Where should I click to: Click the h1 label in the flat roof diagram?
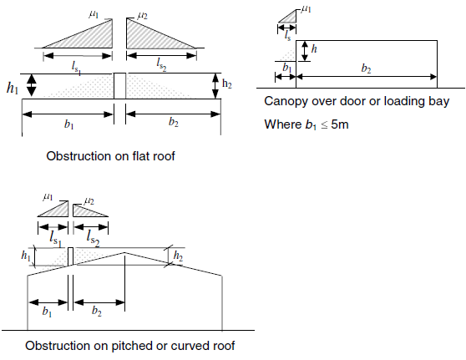point(13,88)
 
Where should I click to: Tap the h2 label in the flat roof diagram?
point(227,84)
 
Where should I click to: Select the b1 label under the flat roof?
point(69,124)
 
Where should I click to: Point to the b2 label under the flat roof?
point(174,122)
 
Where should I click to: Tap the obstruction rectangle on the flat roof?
point(119,86)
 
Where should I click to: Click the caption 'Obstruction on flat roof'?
point(110,156)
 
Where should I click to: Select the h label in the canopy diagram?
point(314,48)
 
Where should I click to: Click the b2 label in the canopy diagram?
point(366,68)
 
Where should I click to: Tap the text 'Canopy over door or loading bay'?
point(357,101)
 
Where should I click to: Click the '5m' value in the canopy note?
point(340,124)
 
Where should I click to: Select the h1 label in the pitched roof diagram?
point(26,256)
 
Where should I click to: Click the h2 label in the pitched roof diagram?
point(178,256)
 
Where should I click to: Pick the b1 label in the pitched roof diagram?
point(47,312)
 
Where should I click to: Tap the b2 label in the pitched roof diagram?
point(97,312)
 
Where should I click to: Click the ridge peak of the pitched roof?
point(124,253)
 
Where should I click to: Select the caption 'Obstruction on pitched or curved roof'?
point(130,346)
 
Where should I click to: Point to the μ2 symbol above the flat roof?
point(142,16)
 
